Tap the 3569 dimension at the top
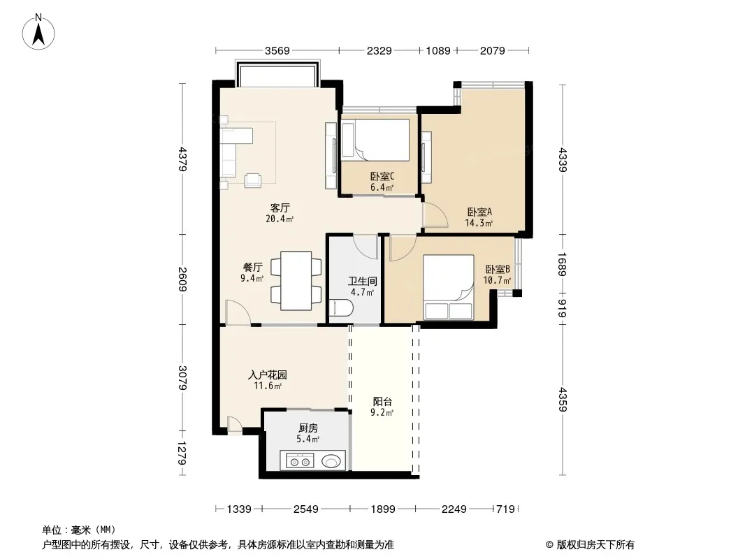(x=277, y=50)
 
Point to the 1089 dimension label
(x=438, y=50)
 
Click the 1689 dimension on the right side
(x=562, y=264)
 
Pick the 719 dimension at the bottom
(x=505, y=509)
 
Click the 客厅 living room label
(x=280, y=208)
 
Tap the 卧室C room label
(x=382, y=177)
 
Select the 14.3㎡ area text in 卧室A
(x=479, y=223)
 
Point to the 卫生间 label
(x=363, y=281)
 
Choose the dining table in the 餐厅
(x=296, y=281)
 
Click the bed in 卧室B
(x=449, y=287)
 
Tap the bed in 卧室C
(x=375, y=140)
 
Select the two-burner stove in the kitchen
(x=297, y=460)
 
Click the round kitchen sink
(x=331, y=460)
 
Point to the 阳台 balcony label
(x=382, y=402)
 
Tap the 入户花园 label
(x=268, y=375)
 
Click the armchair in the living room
(x=253, y=180)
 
